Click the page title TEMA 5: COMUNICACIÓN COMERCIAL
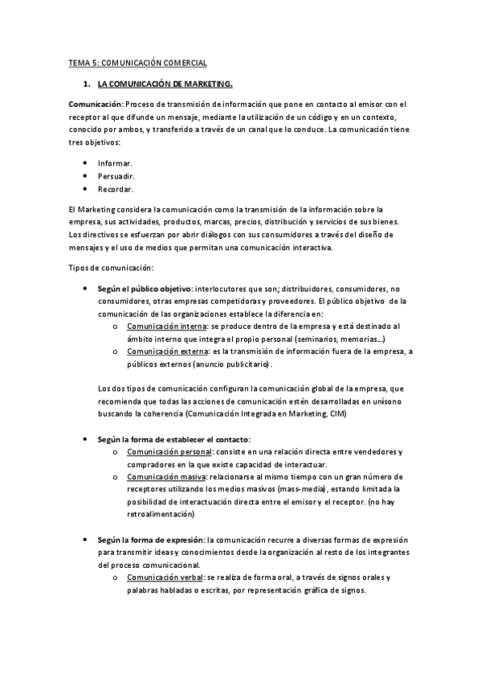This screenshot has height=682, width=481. tap(137, 62)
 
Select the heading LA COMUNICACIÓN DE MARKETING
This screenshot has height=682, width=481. tap(165, 83)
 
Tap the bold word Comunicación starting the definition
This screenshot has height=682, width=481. tap(94, 104)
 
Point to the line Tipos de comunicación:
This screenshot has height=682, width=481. tap(108, 267)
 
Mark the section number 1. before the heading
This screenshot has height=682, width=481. tap(86, 83)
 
